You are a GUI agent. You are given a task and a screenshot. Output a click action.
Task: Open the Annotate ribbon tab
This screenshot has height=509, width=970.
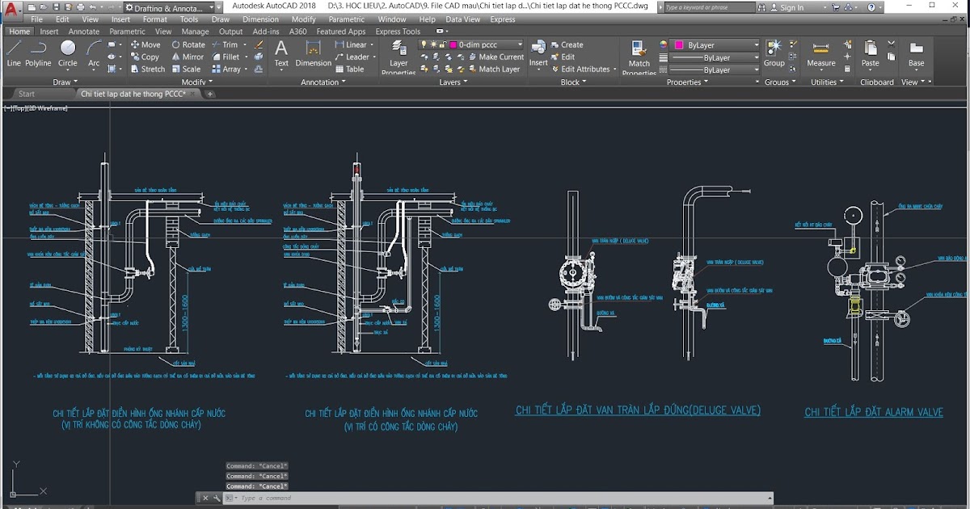coord(84,32)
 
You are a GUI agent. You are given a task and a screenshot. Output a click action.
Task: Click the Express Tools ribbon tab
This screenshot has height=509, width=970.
coord(398,32)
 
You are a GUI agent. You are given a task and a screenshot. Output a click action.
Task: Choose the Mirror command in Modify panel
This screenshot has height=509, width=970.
coord(188,57)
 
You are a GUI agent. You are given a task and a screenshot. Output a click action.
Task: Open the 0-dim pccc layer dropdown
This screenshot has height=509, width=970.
coord(485,45)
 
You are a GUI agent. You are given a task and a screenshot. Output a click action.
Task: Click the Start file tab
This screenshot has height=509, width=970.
coord(27,94)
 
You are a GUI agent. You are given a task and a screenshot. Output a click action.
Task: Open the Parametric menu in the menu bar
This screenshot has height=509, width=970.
coord(347,19)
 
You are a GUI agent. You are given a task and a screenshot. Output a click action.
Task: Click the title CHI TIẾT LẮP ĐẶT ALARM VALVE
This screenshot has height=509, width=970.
coord(874,412)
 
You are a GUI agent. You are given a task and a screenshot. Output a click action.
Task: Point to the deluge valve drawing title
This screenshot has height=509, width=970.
coord(638,410)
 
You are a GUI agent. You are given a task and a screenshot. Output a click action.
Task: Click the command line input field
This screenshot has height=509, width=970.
coord(485,498)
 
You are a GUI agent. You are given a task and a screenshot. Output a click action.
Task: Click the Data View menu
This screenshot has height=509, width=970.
coord(463,19)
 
